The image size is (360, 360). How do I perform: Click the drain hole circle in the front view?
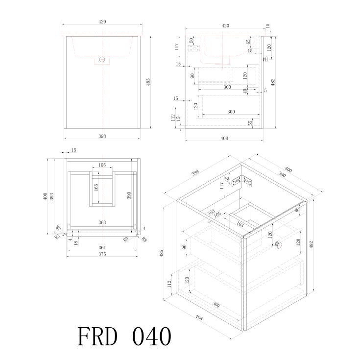pos(102,59)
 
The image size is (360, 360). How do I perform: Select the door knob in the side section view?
pos(265,59)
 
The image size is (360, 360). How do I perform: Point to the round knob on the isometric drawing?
pos(278,245)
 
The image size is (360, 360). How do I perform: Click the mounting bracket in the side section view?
pos(194,48)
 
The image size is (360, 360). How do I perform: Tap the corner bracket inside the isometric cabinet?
pos(242,181)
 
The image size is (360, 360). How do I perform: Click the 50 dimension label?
pos(191,40)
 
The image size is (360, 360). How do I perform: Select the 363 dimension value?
pos(102,222)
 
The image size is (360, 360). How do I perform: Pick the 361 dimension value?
pos(102,247)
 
